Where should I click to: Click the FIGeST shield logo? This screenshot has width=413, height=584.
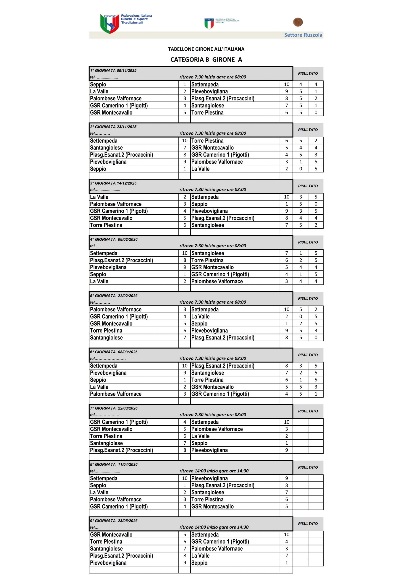tap(110, 24)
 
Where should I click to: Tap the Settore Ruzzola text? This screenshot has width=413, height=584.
tap(303, 35)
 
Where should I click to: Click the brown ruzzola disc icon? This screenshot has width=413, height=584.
tap(298, 22)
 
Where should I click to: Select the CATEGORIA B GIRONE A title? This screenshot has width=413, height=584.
tap(206, 60)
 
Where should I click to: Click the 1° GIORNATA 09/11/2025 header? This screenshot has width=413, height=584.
tap(113, 70)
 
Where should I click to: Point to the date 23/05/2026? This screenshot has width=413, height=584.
tap(128, 521)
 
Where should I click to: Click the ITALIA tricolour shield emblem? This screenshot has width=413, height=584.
tap(209, 24)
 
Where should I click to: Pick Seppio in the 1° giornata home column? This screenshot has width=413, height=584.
tap(98, 84)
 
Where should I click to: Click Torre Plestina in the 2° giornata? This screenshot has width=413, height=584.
tap(207, 141)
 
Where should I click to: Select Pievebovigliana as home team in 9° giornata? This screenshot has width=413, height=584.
tap(108, 563)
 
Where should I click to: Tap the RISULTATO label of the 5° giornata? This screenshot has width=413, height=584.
tap(308, 298)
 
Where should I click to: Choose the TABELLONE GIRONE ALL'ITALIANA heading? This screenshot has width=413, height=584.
tap(206, 49)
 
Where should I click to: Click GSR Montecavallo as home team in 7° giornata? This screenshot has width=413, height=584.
tap(111, 429)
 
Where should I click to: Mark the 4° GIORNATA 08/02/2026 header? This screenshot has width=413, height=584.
tap(114, 239)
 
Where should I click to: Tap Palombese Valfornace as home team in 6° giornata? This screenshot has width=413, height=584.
tap(115, 394)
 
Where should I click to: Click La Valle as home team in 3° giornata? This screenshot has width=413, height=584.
tap(99, 197)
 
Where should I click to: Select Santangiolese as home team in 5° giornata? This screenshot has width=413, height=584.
tap(106, 338)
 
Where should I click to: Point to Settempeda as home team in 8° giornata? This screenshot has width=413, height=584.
tap(104, 478)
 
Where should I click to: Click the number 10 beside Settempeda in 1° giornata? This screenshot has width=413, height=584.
tap(286, 84)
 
